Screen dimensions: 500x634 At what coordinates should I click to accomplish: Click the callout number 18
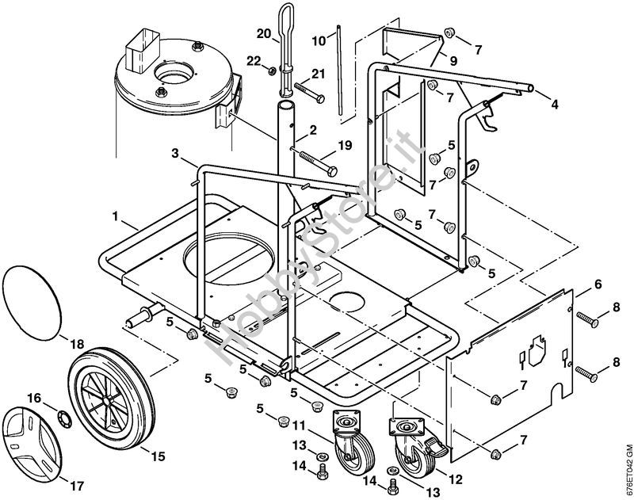pyautogui.click(x=75, y=343)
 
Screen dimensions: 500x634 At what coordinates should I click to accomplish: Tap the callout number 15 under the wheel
pyautogui.click(x=157, y=456)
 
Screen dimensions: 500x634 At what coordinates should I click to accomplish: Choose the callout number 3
pyautogui.click(x=174, y=151)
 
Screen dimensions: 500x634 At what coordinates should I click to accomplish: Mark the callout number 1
pyautogui.click(x=116, y=216)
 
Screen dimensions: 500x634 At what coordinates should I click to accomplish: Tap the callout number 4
pyautogui.click(x=555, y=103)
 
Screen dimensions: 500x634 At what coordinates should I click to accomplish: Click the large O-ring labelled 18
pyautogui.click(x=34, y=301)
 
